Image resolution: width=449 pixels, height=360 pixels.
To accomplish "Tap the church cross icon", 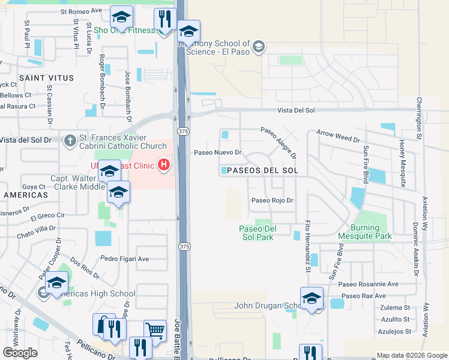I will [x=70, y=140].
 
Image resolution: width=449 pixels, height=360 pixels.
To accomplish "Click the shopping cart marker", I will [x=155, y=329].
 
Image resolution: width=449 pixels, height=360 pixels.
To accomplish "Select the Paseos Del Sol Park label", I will [x=257, y=232].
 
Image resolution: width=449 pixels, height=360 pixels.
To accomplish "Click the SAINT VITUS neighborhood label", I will [x=46, y=78].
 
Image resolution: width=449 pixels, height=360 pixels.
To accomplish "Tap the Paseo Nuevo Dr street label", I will [x=217, y=152].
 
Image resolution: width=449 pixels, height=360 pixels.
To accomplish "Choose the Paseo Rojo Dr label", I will [x=272, y=200].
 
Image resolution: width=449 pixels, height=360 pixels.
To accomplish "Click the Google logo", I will [x=20, y=353].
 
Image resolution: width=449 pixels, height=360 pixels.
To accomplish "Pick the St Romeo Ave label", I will [x=82, y=11].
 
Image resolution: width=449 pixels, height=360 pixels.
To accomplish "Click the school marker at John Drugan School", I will [x=312, y=298].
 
